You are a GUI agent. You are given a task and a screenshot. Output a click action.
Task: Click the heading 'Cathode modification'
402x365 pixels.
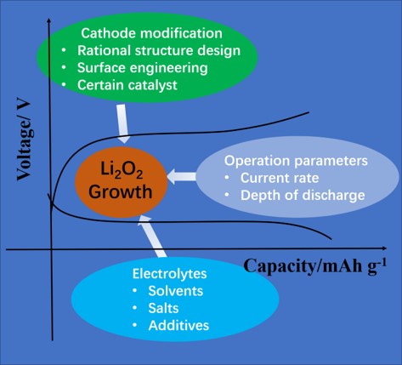151,33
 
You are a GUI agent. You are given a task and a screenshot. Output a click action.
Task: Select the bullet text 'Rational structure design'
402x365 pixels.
159,51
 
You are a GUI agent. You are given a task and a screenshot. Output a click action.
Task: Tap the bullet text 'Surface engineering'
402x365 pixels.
143,68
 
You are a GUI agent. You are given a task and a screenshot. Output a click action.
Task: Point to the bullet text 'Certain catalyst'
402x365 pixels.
127,85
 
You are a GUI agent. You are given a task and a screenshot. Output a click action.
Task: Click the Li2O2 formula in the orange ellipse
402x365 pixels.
122,171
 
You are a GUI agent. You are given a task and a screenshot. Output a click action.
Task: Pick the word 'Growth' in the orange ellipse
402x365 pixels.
121,191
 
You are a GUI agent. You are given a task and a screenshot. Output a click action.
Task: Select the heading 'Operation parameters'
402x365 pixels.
296,161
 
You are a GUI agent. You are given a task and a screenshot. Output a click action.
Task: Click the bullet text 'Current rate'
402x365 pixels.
280,178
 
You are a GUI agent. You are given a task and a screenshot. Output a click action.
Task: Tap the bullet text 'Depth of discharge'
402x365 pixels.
303,196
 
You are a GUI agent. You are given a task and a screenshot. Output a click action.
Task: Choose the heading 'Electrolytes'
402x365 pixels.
169,274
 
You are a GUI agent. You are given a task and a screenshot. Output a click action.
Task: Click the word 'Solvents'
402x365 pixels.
176,291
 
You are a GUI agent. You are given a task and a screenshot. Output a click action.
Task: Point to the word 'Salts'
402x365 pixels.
163,308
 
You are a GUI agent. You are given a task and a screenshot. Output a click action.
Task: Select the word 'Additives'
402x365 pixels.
178,326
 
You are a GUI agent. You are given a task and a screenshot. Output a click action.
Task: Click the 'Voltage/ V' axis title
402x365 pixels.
25,141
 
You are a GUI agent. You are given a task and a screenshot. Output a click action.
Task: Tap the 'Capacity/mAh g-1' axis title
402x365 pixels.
314,266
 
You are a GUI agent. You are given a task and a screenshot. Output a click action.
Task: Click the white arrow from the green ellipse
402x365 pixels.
122,123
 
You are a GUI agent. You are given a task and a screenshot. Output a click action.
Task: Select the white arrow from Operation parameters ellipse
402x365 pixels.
182,176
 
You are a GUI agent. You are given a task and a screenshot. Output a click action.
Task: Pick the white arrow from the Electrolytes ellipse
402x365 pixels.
152,237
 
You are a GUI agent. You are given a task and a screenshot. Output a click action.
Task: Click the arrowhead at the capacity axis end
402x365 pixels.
384,248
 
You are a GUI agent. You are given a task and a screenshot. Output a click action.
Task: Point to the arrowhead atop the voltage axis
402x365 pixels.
49,20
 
